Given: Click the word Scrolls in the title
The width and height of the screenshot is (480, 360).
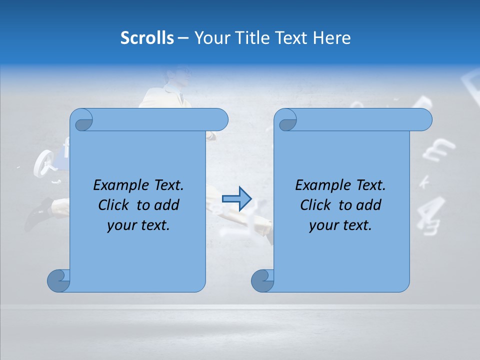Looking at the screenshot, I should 147,38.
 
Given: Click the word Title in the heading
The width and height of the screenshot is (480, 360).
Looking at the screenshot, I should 248,38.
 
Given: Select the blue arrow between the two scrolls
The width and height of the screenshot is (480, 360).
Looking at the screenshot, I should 236,198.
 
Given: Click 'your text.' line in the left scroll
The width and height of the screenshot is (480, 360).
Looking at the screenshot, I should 138,225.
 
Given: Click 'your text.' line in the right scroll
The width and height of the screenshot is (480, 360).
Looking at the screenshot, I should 340,225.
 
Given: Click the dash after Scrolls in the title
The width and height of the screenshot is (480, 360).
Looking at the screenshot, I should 183,38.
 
